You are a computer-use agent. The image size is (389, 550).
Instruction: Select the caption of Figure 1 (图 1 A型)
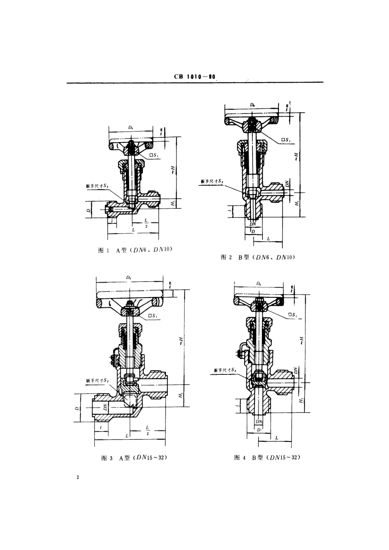[133, 250]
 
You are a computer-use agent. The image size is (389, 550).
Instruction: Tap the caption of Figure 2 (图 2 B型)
[258, 257]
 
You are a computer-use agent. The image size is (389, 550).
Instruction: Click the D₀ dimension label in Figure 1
[130, 128]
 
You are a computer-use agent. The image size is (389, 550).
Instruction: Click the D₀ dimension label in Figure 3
[129, 278]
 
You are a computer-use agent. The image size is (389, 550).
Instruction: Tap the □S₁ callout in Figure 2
[286, 140]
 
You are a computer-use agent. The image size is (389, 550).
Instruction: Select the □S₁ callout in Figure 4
[292, 315]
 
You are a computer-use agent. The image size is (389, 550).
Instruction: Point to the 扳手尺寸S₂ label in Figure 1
[97, 186]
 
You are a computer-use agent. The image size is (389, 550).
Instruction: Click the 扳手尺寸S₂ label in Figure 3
[97, 380]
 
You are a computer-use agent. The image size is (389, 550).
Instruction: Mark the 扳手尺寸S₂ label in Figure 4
[225, 370]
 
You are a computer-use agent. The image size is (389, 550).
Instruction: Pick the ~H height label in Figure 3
[181, 341]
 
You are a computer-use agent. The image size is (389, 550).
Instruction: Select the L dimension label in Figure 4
[276, 438]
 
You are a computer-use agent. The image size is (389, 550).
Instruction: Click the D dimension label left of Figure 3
[77, 408]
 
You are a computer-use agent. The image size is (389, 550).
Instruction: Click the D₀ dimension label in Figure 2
[251, 105]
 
